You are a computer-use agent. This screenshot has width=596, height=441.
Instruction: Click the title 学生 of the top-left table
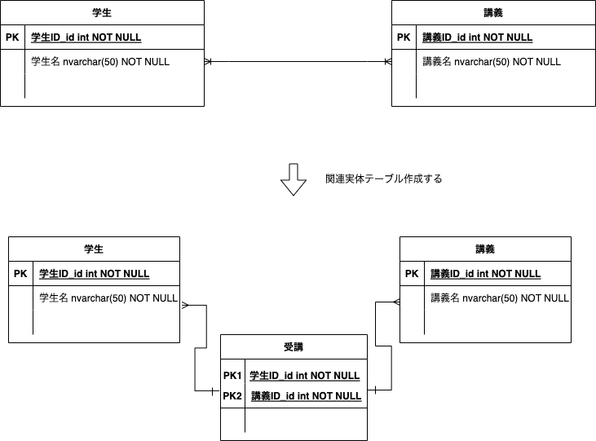click(102, 12)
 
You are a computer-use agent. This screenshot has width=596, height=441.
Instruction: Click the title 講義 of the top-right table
click(493, 12)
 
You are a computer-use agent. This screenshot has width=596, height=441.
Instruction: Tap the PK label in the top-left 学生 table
click(12, 37)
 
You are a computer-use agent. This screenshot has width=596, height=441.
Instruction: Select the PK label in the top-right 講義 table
click(404, 37)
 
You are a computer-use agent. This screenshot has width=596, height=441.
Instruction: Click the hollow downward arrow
click(294, 179)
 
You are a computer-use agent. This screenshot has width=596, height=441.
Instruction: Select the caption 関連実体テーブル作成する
click(383, 179)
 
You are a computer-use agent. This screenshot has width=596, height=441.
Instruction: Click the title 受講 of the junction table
click(294, 346)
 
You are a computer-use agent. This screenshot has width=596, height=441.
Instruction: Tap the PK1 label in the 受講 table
click(232, 376)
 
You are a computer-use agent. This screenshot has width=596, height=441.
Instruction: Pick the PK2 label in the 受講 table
click(232, 396)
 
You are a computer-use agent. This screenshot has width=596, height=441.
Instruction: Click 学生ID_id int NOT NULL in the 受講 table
click(304, 376)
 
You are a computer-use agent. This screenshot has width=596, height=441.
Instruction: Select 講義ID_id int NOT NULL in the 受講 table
click(306, 396)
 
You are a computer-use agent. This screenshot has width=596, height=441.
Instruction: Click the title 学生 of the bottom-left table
click(94, 249)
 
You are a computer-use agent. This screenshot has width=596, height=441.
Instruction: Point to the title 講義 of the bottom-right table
click(485, 249)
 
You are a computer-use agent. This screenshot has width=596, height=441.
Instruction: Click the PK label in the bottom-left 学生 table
click(20, 274)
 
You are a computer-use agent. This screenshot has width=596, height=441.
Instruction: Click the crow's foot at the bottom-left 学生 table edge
click(185, 305)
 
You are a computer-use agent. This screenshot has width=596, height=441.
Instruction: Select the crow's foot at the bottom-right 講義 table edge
click(396, 302)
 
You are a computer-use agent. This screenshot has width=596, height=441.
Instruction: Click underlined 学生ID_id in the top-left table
click(53, 37)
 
